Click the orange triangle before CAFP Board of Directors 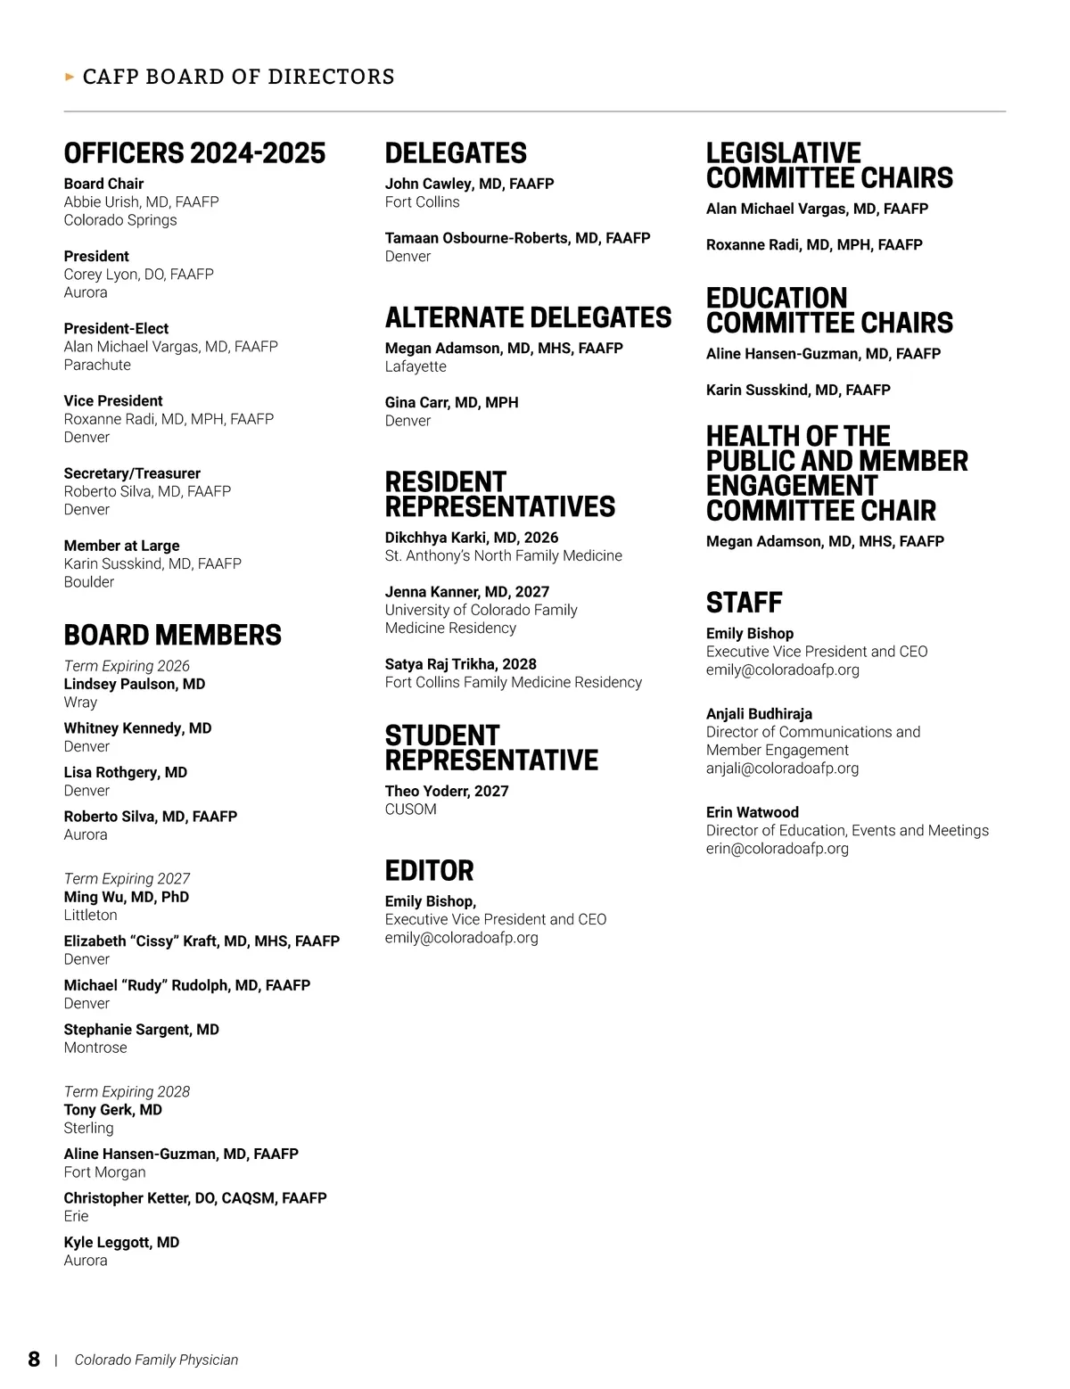tap(70, 77)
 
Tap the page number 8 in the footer tap(34, 1359)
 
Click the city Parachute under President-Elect tap(97, 365)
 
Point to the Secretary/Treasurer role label tap(132, 473)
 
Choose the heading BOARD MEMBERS tap(172, 635)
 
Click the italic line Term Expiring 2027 tap(127, 878)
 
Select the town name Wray tap(80, 702)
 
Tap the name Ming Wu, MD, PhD tap(126, 897)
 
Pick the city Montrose tap(95, 1048)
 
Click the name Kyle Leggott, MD tap(121, 1242)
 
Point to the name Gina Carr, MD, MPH tap(451, 402)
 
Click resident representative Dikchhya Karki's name tap(471, 538)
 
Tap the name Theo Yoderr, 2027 tap(447, 791)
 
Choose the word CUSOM tap(410, 810)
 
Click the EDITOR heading tap(429, 870)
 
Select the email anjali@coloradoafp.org tap(782, 768)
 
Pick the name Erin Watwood tap(752, 812)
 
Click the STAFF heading tap(744, 603)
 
